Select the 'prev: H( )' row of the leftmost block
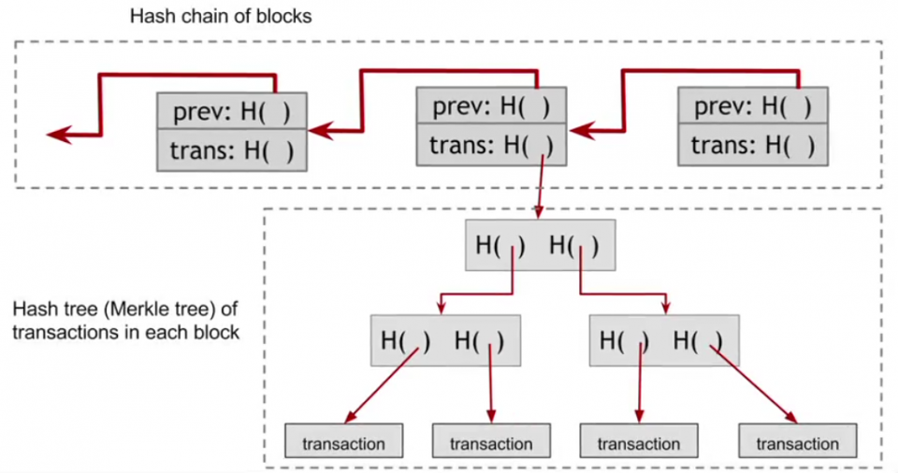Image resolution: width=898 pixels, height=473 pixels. coord(231,112)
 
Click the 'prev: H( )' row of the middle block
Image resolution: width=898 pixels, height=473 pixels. coord(491,106)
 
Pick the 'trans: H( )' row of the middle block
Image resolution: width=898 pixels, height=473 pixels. coord(491,144)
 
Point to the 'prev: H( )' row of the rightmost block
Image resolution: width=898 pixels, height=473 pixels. coord(753,106)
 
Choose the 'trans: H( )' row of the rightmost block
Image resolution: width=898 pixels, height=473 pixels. coord(753,144)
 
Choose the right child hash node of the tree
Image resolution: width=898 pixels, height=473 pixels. coord(664,340)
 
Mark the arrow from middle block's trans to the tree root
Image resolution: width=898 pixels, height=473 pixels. coord(542,187)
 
